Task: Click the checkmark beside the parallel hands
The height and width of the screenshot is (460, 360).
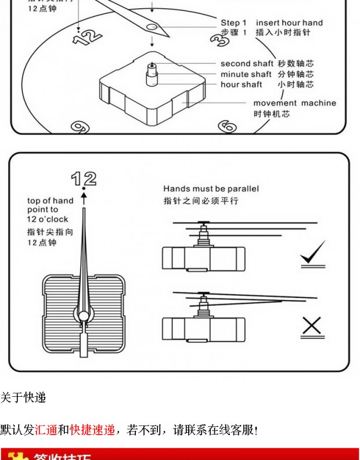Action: pos(312,254)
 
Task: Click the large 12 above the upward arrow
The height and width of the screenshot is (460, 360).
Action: pos(84,179)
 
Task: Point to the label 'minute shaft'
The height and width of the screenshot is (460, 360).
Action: pos(246,74)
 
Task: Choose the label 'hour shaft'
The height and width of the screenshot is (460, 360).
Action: pos(241,85)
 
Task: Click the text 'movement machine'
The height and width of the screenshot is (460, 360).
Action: pos(294,103)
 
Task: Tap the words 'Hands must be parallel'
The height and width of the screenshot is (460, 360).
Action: pos(211,189)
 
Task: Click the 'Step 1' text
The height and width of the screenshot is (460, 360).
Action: pos(233,23)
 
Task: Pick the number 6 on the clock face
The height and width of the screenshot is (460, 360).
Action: pos(227,126)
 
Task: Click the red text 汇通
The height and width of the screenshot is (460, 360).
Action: pos(46,430)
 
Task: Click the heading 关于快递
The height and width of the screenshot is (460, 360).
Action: pos(23,398)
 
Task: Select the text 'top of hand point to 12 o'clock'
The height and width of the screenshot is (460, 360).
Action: pos(50,210)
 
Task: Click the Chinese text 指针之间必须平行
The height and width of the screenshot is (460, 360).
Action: pos(200,201)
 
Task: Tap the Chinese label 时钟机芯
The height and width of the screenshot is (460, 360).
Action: pos(271,114)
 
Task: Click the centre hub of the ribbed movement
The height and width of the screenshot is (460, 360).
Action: pos(85,315)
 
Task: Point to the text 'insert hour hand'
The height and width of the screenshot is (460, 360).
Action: pos(289,23)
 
